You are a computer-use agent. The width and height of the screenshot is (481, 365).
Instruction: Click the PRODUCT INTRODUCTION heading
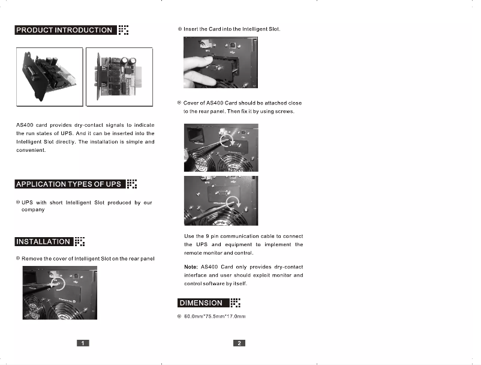tap(64, 30)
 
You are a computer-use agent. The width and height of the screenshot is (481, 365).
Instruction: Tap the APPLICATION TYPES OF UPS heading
tap(69, 184)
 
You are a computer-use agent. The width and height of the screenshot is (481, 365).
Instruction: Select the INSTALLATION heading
tap(43, 242)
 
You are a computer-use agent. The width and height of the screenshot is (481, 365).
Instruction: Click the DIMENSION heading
tap(201, 303)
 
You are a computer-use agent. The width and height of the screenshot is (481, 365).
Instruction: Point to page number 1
tap(83, 343)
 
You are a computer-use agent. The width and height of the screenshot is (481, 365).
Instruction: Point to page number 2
tap(239, 343)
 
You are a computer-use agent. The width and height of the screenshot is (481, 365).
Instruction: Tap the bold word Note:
tap(191, 267)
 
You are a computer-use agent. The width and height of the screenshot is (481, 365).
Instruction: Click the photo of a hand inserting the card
tap(220, 62)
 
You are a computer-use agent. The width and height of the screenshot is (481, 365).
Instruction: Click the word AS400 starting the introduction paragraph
tap(25, 125)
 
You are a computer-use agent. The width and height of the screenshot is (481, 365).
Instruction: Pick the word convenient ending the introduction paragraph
tap(30, 150)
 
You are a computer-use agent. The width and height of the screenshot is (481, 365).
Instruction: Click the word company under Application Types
tap(33, 210)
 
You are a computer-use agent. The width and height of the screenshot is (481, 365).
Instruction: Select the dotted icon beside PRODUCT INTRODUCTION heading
tap(123, 30)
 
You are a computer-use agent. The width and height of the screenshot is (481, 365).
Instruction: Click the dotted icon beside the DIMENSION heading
tap(235, 303)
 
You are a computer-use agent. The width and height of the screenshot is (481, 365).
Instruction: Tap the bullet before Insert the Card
tap(180, 29)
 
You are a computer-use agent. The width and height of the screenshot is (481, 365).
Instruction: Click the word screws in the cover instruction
tap(284, 112)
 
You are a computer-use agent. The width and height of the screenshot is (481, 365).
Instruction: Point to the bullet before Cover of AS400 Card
tap(180, 103)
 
